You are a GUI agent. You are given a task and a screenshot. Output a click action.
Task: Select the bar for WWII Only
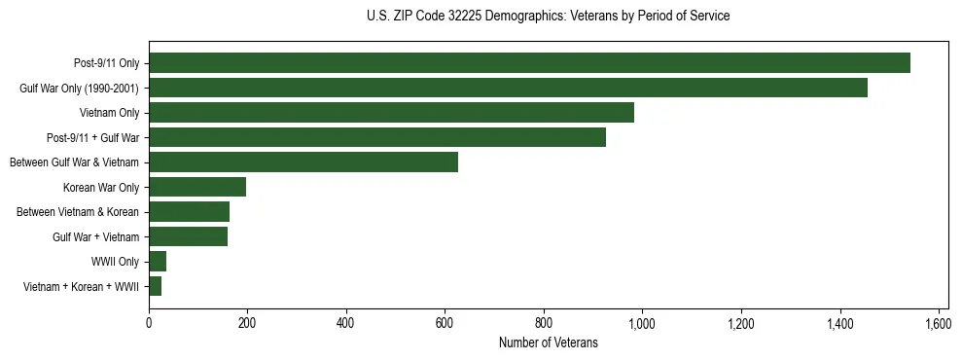pos(158,261)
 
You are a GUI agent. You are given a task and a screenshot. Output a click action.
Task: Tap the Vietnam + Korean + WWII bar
pos(156,286)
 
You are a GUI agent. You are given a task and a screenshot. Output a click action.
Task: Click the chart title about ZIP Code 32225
pos(549,16)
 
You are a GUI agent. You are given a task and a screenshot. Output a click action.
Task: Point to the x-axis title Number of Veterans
pos(549,342)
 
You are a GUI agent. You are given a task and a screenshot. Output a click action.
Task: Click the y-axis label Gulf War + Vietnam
pos(95,236)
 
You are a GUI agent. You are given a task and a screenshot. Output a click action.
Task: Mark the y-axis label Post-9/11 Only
pos(106,63)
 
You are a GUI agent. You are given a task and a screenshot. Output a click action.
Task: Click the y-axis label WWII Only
pos(115,262)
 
